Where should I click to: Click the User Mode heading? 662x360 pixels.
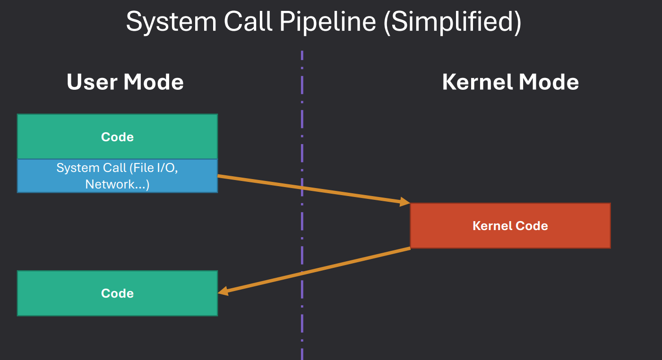tap(125, 82)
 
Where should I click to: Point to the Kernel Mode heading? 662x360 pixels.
tap(510, 82)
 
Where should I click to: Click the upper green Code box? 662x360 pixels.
tap(117, 137)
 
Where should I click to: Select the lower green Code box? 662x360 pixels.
tap(117, 293)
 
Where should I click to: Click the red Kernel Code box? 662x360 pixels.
tap(510, 225)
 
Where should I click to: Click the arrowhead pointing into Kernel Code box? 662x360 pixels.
tap(405, 202)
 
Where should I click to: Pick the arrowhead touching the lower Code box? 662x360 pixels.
tap(223, 292)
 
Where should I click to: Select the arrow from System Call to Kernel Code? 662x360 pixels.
tap(312, 189)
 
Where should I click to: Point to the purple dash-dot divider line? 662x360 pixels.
tap(302, 118)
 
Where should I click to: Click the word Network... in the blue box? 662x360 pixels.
tap(117, 184)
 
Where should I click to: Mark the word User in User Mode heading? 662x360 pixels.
tap(92, 82)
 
